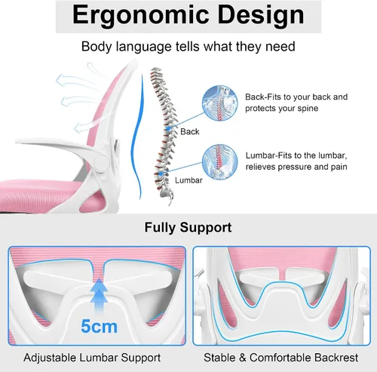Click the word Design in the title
tap(261, 16)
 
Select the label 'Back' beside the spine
tap(190, 131)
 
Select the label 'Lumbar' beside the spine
tap(188, 180)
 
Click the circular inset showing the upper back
tap(220, 103)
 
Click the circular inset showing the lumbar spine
tap(220, 161)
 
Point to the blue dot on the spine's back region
tap(168, 128)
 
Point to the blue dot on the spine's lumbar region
tap(161, 174)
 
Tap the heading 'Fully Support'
tap(188, 227)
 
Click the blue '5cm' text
tap(100, 326)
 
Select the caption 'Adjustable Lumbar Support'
tap(92, 358)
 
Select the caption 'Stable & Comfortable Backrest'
tap(281, 358)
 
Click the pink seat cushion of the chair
tap(38, 194)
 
